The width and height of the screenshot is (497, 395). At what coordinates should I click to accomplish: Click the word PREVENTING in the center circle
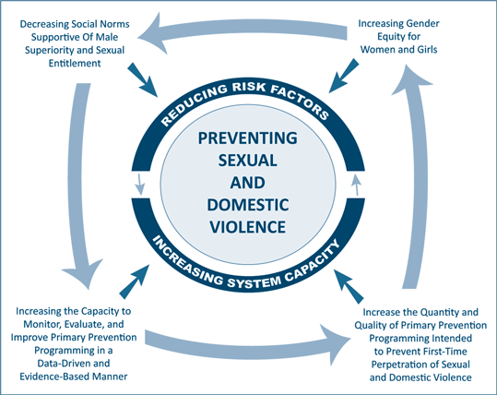point(248,138)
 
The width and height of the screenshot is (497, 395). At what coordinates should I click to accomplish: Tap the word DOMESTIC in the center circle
point(248,205)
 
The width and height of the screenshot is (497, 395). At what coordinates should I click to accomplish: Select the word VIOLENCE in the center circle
point(248,227)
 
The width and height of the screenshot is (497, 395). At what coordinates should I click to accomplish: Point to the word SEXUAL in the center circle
point(248,161)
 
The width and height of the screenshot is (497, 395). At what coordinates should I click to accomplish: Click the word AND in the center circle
point(248,183)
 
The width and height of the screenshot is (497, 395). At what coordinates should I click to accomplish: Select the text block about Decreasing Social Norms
point(75,43)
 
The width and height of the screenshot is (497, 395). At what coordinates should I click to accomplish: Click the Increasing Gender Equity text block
point(398,37)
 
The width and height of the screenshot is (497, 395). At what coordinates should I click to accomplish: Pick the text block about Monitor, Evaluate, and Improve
point(74,343)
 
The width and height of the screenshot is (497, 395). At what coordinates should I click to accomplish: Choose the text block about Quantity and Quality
point(420,345)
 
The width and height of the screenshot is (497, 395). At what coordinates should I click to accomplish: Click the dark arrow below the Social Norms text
point(143,79)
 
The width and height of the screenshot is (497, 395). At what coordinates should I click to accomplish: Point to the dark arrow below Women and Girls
point(344,76)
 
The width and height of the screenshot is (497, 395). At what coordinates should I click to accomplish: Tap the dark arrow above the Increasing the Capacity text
point(135,281)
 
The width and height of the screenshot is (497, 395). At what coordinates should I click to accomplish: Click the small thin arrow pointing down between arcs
point(139,184)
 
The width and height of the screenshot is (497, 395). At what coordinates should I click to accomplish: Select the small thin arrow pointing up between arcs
point(357,185)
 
